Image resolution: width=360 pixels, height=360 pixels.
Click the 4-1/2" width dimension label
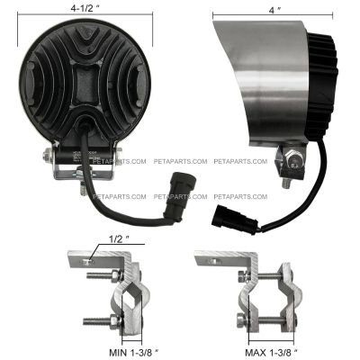[x=85, y=8]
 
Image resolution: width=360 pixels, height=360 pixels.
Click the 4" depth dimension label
[x=272, y=11]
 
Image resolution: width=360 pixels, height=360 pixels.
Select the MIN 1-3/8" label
[x=133, y=353]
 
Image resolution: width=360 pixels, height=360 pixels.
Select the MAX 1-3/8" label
[x=271, y=353]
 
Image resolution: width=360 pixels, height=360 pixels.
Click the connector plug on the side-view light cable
[x=234, y=220]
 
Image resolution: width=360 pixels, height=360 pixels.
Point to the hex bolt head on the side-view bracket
[x=292, y=159]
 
